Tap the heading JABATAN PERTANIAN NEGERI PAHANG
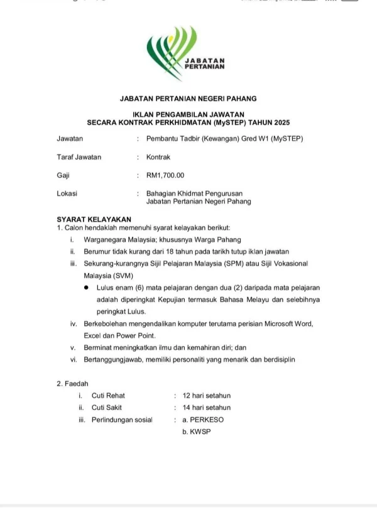click(x=188, y=99)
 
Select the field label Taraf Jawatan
click(x=79, y=157)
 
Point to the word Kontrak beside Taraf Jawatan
click(x=158, y=157)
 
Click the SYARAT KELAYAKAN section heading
click(x=89, y=219)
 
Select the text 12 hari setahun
click(x=207, y=396)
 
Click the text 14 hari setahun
click(x=207, y=408)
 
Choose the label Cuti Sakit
click(x=108, y=408)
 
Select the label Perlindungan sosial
click(x=122, y=419)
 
